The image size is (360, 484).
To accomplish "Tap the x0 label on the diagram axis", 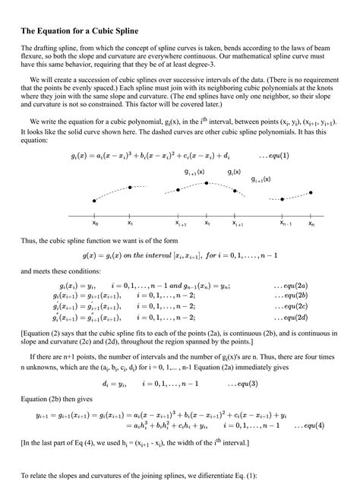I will tap(95, 225).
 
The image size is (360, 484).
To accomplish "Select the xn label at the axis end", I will tap(311, 225).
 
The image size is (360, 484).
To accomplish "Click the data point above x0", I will tap(94, 201).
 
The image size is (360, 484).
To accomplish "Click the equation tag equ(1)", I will tap(273, 155).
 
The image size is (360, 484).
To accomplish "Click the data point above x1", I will tap(130, 187).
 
